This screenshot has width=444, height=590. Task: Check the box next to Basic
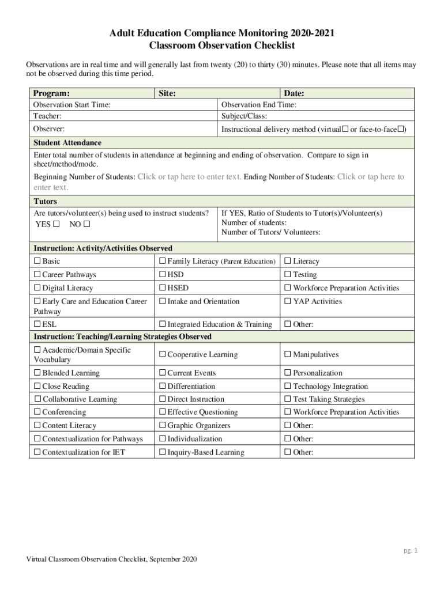pyautogui.click(x=37, y=262)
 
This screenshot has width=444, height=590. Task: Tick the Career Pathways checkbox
pyautogui.click(x=37, y=275)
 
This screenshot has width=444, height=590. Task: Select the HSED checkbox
pyautogui.click(x=163, y=288)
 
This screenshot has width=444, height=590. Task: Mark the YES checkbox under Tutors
pyautogui.click(x=56, y=224)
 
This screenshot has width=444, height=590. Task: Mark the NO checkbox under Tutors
pyautogui.click(x=86, y=224)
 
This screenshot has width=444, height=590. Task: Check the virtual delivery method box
pyautogui.click(x=345, y=130)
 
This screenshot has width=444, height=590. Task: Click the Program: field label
pyautogui.click(x=51, y=93)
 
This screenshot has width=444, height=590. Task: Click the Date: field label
pyautogui.click(x=294, y=93)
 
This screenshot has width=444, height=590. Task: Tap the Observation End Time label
pyautogui.click(x=259, y=105)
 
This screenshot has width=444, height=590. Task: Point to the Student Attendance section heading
pyautogui.click(x=67, y=143)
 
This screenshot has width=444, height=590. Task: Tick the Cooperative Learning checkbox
pyautogui.click(x=163, y=355)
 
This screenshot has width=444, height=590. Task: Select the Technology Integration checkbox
pyautogui.click(x=288, y=387)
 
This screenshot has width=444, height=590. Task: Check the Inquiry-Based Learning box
pyautogui.click(x=163, y=452)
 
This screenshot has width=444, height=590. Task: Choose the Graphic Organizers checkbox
pyautogui.click(x=163, y=426)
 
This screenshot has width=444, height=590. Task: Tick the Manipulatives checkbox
pyautogui.click(x=288, y=355)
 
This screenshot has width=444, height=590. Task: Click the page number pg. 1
pyautogui.click(x=410, y=550)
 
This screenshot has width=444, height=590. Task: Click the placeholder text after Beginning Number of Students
pyautogui.click(x=189, y=177)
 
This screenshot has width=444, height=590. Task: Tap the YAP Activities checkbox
pyautogui.click(x=288, y=301)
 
